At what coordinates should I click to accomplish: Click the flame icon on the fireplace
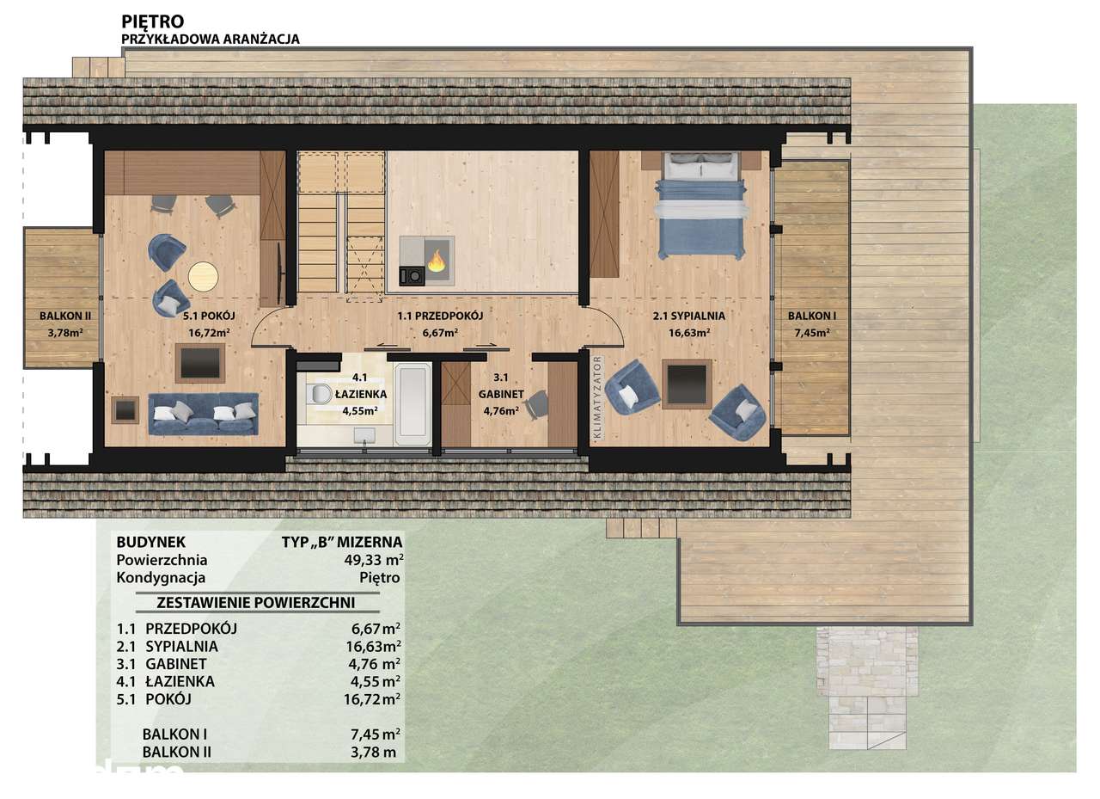click(436, 261)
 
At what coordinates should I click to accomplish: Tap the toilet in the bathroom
click(319, 394)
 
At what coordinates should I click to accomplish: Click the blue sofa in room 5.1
click(204, 413)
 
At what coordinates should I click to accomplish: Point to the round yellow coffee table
click(204, 277)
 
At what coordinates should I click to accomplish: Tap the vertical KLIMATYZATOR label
click(596, 397)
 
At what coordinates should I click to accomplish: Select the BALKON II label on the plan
click(65, 316)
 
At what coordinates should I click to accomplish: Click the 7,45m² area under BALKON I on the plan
click(812, 333)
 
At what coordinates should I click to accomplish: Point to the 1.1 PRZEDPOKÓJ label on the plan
click(440, 316)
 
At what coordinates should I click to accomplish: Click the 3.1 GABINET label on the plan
click(501, 386)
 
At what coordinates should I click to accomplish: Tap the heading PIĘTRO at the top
click(153, 22)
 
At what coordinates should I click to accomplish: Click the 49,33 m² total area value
click(374, 560)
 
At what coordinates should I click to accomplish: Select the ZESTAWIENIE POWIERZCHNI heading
click(256, 602)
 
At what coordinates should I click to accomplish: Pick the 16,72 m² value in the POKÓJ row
click(372, 698)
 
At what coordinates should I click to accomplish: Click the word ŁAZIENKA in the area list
click(180, 681)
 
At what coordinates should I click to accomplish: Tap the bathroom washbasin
click(364, 435)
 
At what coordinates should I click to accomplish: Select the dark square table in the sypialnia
click(687, 384)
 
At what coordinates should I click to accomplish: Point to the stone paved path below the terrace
click(867, 687)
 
